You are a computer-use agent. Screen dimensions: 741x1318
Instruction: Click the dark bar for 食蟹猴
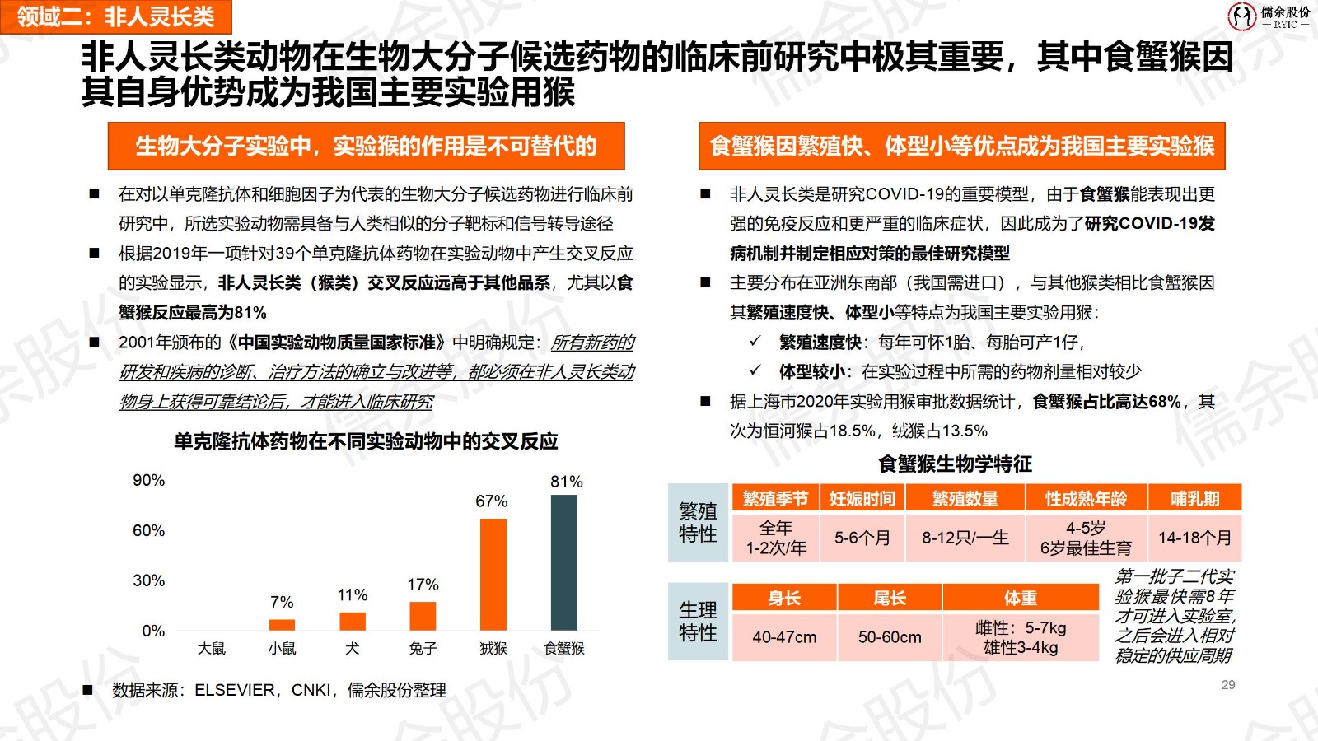pos(564,562)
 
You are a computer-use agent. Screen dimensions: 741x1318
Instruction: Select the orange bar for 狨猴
pos(493,574)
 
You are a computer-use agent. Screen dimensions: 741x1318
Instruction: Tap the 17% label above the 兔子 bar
pos(423,585)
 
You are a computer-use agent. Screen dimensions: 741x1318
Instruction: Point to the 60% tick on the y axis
pos(149,530)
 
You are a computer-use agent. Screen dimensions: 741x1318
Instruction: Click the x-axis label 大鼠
pos(212,649)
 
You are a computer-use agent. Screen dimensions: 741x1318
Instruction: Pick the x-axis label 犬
pos(353,649)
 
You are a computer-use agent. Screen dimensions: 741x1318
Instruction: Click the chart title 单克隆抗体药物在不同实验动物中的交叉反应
pos(366,442)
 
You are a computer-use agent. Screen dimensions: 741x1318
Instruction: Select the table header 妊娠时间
pos(862,498)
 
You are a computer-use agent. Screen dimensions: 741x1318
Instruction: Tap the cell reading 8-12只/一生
pos(965,538)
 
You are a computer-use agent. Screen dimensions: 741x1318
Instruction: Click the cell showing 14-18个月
pos(1194,538)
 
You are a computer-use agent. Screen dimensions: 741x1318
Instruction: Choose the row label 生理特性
pos(698,622)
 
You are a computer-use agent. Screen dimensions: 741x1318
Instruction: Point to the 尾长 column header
pos(890,598)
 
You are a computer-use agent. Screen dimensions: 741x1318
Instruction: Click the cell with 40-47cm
pos(784,637)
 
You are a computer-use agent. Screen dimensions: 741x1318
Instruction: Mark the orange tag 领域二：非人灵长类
pos(115,16)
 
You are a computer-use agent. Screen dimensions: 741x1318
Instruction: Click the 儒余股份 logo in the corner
pos(1269,16)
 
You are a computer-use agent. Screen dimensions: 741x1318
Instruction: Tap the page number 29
pos(1228,685)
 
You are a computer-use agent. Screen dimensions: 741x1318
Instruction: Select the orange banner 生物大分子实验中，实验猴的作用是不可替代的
pos(366,147)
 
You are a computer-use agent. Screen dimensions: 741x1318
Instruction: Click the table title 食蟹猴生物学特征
pos(955,464)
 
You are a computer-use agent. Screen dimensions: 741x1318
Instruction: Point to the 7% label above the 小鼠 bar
pos(282,603)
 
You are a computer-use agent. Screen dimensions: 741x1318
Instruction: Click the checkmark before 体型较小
pos(755,370)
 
